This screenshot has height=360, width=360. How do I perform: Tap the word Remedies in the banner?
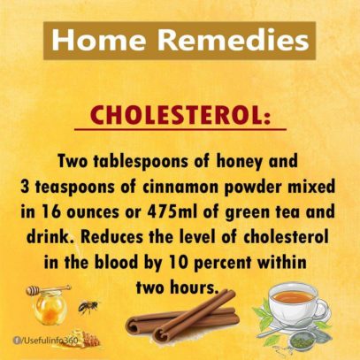pyautogui.click(x=234, y=40)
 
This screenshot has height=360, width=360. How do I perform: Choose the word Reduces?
pyautogui.click(x=111, y=237)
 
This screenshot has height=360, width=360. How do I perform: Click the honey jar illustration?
pyautogui.click(x=50, y=307)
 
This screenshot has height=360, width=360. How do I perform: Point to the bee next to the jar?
pyautogui.click(x=88, y=307)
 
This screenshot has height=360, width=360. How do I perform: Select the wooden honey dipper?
pyautogui.click(x=48, y=289)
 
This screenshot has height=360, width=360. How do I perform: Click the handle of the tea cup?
pyautogui.click(x=322, y=309)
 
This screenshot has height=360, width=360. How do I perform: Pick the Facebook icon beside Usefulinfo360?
pyautogui.click(x=16, y=341)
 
